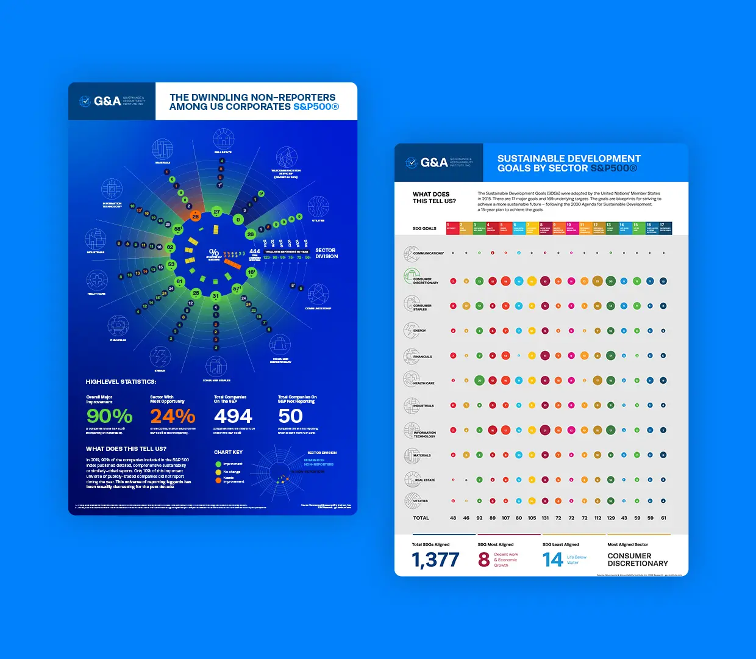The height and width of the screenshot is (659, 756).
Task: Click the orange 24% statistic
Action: [173, 416]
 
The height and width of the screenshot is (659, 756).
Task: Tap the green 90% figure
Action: [109, 416]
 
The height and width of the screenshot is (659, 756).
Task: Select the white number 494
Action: [233, 416]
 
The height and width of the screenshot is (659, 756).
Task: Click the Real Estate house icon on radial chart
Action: [223, 139]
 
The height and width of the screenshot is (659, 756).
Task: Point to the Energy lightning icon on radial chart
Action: [160, 356]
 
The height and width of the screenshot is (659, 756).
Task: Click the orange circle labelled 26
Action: [196, 216]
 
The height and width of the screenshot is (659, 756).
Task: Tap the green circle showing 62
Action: [170, 247]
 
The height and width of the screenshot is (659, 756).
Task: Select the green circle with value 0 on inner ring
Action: [238, 220]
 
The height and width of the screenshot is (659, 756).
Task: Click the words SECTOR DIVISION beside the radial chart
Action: [326, 253]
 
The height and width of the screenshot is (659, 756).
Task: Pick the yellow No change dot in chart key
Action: [218, 472]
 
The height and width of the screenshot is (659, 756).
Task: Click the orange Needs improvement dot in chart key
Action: [218, 480]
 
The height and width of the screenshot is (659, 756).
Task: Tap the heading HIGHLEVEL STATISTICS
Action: [121, 382]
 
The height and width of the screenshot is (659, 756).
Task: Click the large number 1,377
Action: [435, 560]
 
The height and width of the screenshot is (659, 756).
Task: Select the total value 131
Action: [545, 518]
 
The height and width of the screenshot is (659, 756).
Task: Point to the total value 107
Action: [505, 518]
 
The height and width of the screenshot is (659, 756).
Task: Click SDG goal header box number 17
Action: [665, 228]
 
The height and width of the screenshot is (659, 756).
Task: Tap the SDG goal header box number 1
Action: [452, 228]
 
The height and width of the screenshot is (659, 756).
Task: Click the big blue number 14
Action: [552, 560]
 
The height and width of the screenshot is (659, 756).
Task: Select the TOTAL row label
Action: [421, 518]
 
